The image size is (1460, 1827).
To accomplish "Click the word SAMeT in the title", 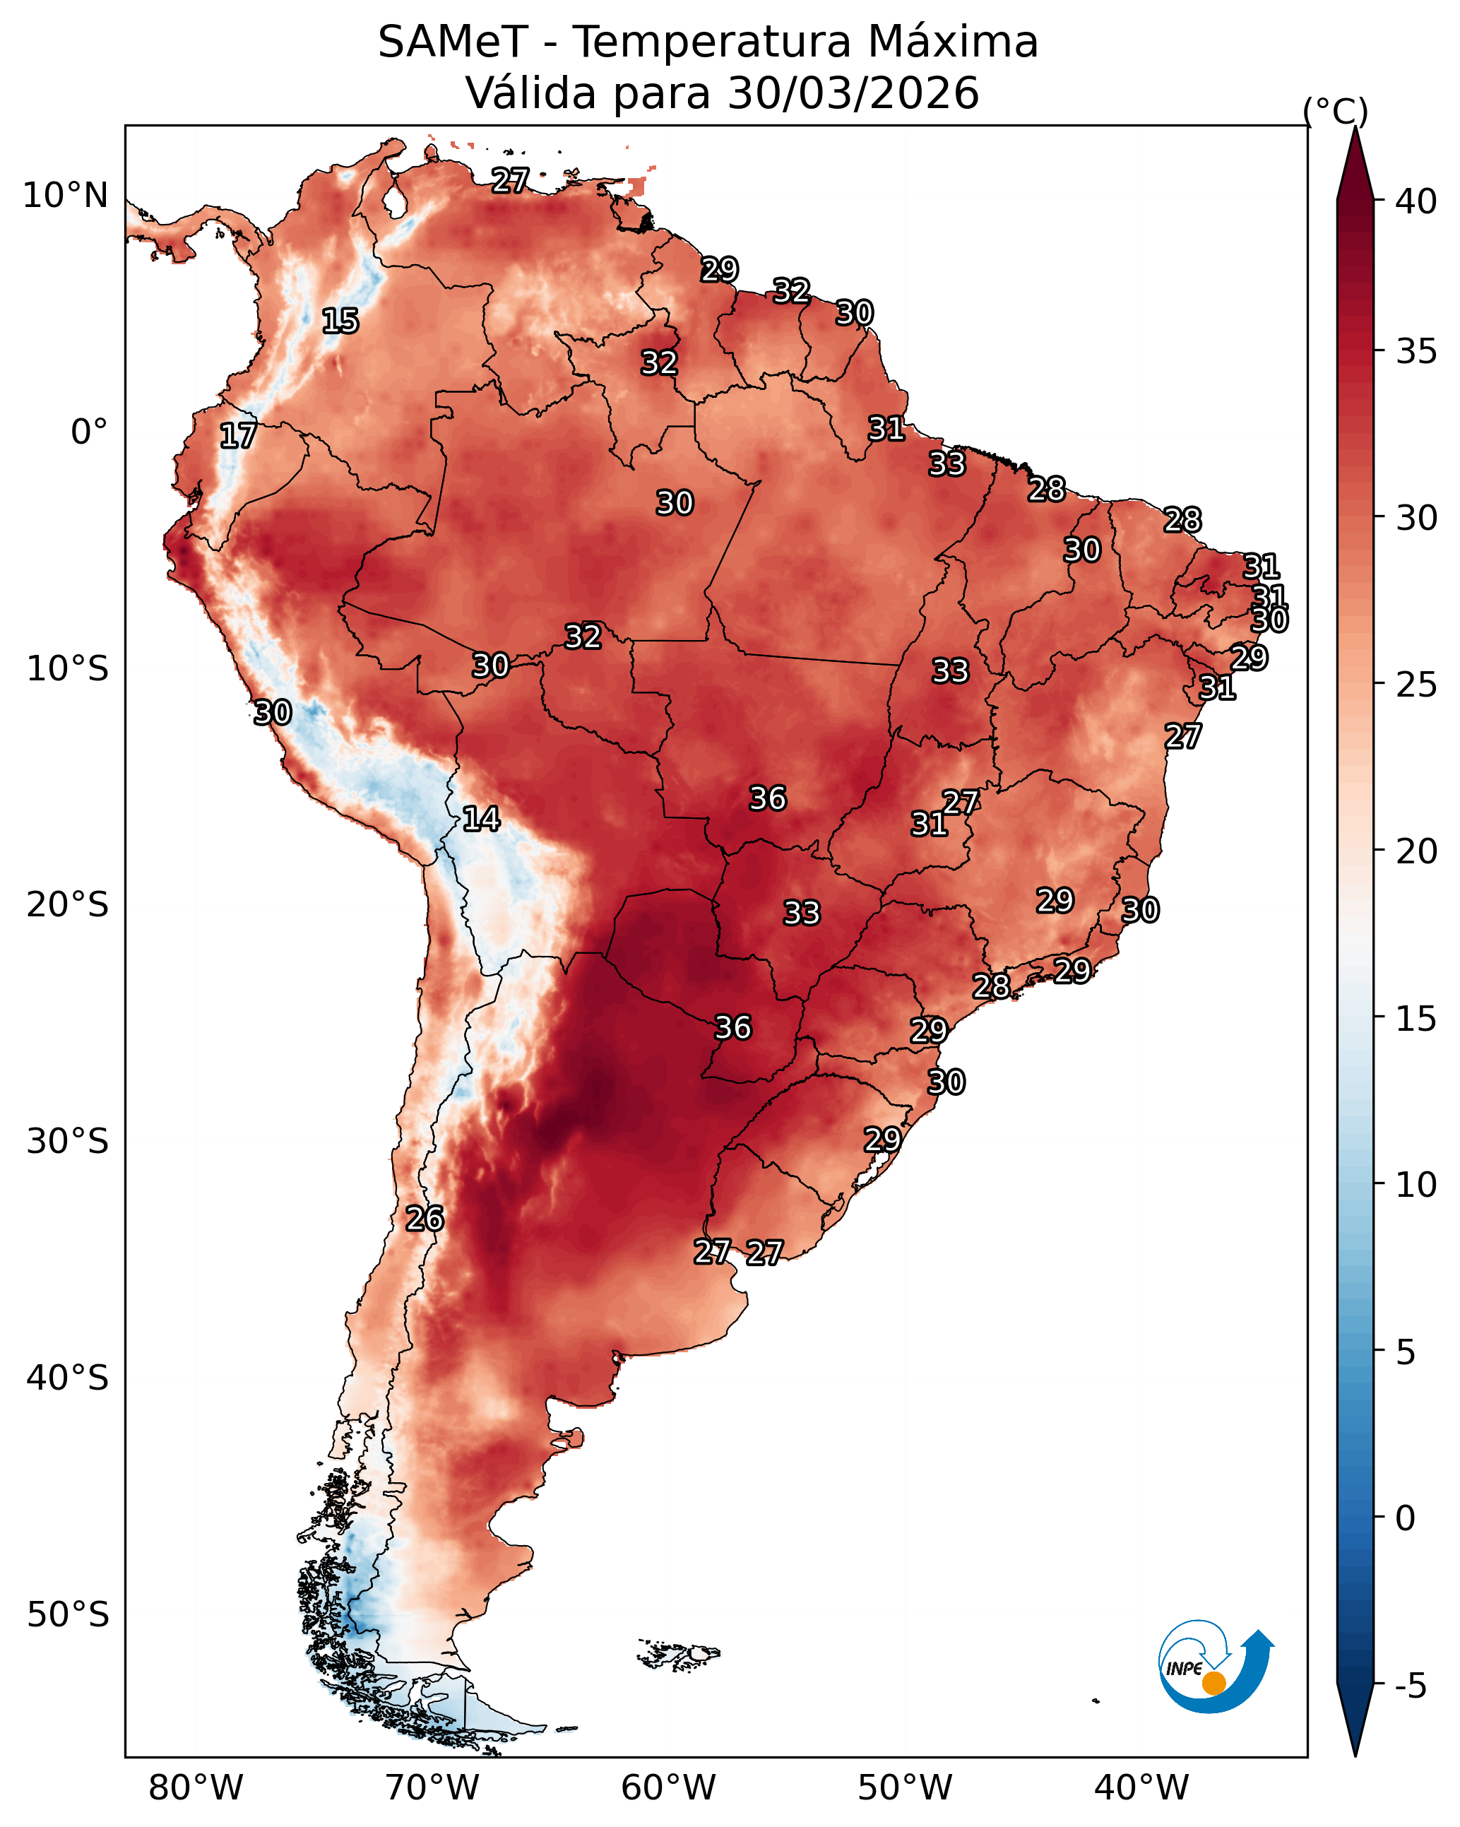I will [x=453, y=42].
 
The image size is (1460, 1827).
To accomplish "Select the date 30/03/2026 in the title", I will [x=853, y=93].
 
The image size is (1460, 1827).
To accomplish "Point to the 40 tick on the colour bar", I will [x=1417, y=201].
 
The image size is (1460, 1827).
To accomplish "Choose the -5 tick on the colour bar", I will [x=1411, y=1686].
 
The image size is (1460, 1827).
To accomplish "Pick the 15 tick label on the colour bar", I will [x=1417, y=1019].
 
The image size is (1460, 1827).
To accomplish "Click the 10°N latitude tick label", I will [x=65, y=196].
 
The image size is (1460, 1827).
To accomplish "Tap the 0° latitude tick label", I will [x=89, y=432].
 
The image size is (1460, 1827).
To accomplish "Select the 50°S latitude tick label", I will [x=68, y=1615].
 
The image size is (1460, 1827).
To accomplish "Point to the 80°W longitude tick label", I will [x=196, y=1788].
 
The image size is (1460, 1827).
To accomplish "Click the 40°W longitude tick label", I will [x=1142, y=1788].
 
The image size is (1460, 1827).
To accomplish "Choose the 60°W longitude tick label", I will [x=669, y=1788].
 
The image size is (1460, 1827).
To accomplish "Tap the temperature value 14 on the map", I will [x=481, y=819].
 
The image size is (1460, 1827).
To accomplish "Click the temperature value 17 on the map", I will [x=238, y=436].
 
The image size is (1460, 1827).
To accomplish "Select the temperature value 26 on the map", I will [x=425, y=1219].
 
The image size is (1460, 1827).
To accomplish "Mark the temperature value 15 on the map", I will [x=340, y=321].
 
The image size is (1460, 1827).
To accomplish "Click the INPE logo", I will [x=1215, y=1666].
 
